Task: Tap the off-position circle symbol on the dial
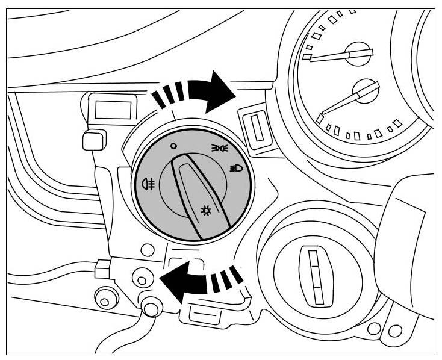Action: (173, 145)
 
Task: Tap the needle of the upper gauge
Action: (328, 57)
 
